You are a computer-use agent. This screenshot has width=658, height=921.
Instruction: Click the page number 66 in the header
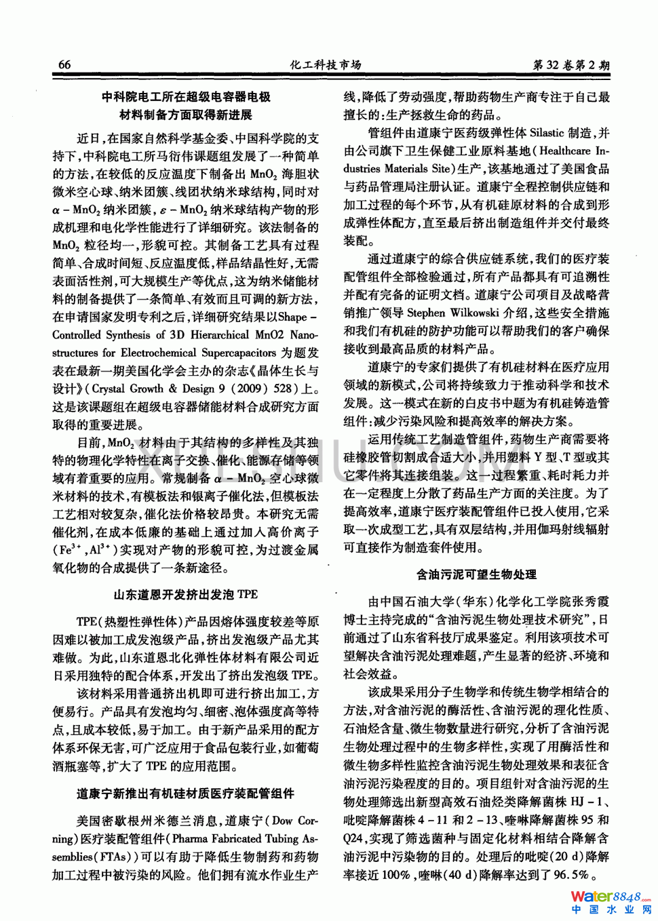tap(64, 65)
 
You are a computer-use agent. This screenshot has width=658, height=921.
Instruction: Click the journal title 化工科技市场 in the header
tap(326, 65)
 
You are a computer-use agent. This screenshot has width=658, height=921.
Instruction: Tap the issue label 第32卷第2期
tap(570, 66)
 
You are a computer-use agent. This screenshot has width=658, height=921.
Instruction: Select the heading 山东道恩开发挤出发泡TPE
tap(185, 595)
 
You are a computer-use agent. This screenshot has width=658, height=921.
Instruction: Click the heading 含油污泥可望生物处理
tap(476, 574)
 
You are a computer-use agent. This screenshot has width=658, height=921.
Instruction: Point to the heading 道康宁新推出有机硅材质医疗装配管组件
tap(185, 793)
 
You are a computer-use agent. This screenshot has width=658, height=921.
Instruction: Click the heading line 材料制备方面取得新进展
tap(185, 115)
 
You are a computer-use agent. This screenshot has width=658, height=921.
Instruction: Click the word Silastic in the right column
tap(546, 133)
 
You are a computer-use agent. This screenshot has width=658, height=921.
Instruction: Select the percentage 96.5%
tap(571, 874)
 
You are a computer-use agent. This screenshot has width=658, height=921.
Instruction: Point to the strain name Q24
tap(353, 838)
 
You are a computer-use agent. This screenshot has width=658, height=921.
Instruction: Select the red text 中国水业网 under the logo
tap(611, 910)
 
